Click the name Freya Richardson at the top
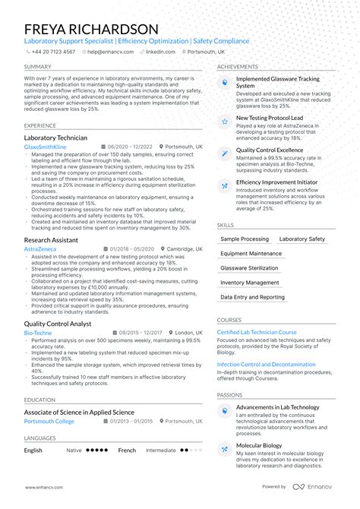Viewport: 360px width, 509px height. coord(91,28)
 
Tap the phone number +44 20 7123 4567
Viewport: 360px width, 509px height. coord(53,52)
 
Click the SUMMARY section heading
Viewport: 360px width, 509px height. coord(38,67)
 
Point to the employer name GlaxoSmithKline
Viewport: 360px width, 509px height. coord(45,146)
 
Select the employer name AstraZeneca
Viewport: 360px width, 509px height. coord(40,248)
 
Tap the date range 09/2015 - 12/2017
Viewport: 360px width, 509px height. coord(141,333)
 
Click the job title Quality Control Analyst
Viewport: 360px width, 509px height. coord(58,324)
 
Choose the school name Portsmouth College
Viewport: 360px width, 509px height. coord(49,421)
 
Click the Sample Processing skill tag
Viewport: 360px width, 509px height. coord(245,239)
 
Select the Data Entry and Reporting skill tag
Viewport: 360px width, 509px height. coord(253,297)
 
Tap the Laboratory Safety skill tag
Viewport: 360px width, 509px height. coord(302,239)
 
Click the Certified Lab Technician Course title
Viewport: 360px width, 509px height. coord(257,332)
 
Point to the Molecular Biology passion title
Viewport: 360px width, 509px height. coord(259,446)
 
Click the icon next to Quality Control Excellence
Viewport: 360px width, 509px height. coord(225,153)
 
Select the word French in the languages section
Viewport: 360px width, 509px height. coord(127,451)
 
